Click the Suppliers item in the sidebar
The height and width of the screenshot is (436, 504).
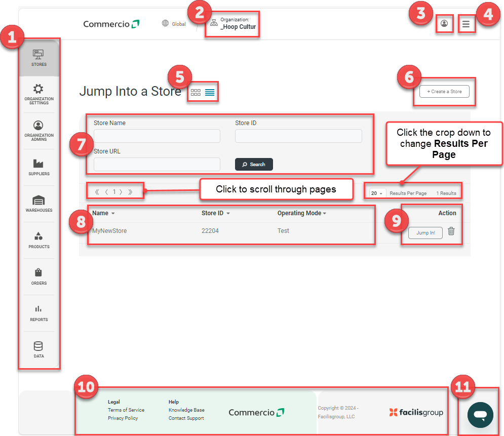click(39, 167)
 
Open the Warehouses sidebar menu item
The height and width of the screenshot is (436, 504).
click(39, 204)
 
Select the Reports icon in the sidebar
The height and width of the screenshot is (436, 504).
click(39, 312)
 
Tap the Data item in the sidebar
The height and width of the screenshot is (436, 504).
click(39, 349)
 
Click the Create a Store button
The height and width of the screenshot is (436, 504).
click(444, 92)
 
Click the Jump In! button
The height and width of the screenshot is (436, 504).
click(425, 232)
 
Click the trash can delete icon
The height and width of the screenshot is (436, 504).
click(451, 231)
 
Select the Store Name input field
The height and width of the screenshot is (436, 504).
click(157, 136)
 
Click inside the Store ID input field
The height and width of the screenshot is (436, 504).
click(298, 136)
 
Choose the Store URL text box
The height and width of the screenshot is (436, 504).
click(157, 164)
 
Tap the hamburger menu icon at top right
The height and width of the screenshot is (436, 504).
click(466, 24)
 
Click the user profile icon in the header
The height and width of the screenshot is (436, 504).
click(444, 24)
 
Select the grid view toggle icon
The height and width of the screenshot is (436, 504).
click(196, 93)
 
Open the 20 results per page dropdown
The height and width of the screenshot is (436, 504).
click(377, 193)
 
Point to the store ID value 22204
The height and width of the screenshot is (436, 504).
click(210, 231)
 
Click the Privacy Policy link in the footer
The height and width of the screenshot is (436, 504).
click(123, 418)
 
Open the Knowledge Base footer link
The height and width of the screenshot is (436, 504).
click(186, 410)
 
